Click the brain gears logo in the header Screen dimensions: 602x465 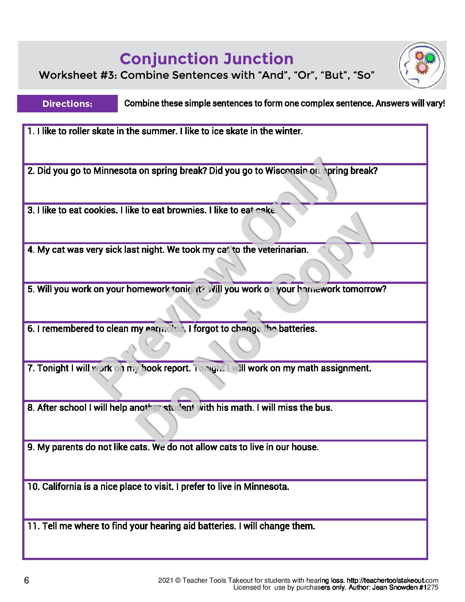(x=422, y=65)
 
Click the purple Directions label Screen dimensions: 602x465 (x=67, y=104)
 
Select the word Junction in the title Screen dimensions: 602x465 (x=258, y=59)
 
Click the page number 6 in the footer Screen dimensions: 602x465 (x=26, y=580)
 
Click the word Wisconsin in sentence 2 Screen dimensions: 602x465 (x=286, y=171)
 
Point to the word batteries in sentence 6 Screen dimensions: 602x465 (x=297, y=329)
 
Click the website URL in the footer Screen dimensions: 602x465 (x=392, y=580)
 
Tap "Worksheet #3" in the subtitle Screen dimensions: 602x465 (x=78, y=75)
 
